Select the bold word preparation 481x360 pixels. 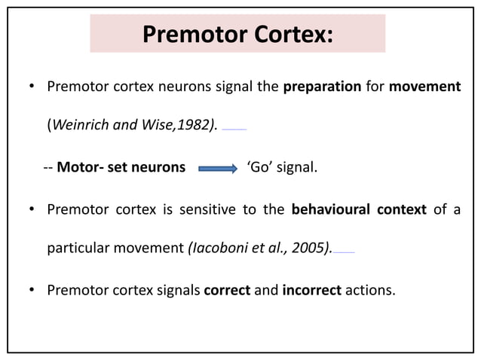322,87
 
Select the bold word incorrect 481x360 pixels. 311,290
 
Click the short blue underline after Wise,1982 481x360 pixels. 234,130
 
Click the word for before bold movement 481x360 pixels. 375,87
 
